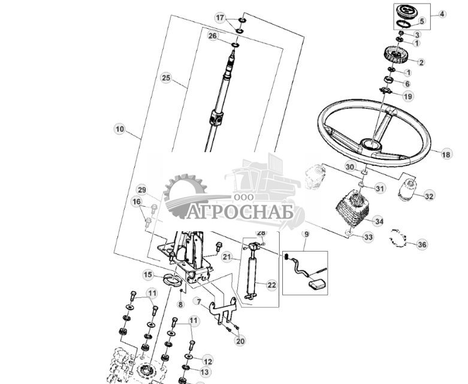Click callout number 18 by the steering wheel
(x=446, y=154)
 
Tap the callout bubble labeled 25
(x=166, y=77)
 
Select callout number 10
(x=119, y=129)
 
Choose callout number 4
(x=442, y=13)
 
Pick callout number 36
(x=422, y=244)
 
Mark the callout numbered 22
(x=271, y=285)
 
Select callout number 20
(x=240, y=341)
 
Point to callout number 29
(x=141, y=189)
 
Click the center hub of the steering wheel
(x=370, y=144)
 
